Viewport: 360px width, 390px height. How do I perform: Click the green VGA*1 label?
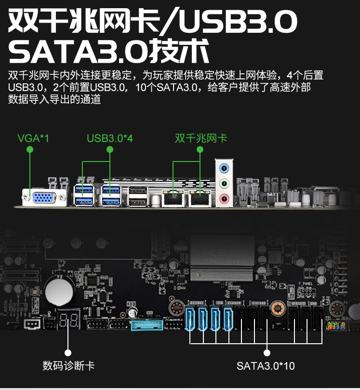click(33, 138)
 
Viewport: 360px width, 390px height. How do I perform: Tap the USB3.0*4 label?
click(110, 138)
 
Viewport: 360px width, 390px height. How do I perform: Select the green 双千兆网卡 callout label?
click(201, 138)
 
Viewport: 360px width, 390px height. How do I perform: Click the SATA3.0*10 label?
click(266, 366)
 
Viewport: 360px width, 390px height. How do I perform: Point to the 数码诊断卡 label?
click(68, 365)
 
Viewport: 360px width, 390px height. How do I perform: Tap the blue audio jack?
click(224, 168)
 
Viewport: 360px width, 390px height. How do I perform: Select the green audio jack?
click(224, 184)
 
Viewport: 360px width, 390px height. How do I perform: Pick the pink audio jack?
click(224, 199)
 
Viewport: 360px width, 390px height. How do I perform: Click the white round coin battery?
click(59, 291)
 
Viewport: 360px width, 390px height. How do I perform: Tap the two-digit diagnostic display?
click(68, 319)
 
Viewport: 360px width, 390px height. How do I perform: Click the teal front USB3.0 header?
click(147, 324)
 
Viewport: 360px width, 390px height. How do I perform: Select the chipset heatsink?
click(222, 258)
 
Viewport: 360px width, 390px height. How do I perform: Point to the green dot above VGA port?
click(30, 149)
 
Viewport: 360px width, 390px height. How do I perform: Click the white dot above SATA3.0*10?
click(267, 353)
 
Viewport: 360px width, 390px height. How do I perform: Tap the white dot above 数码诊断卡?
click(68, 353)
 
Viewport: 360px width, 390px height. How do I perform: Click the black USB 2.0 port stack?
click(138, 197)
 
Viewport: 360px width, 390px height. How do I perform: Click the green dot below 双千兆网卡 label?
click(200, 149)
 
